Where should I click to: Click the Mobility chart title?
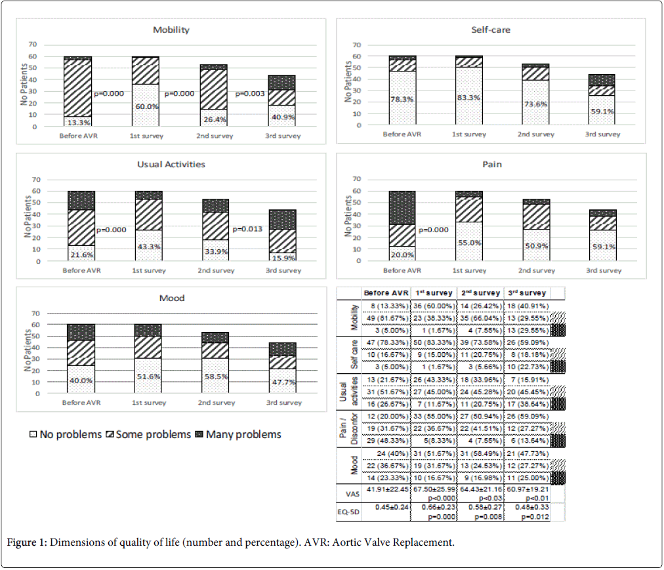[x=171, y=30]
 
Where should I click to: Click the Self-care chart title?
[x=491, y=30]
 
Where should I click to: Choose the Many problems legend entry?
[x=237, y=434]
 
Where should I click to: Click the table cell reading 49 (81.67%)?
[x=386, y=319]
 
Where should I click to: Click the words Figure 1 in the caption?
[x=27, y=543]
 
